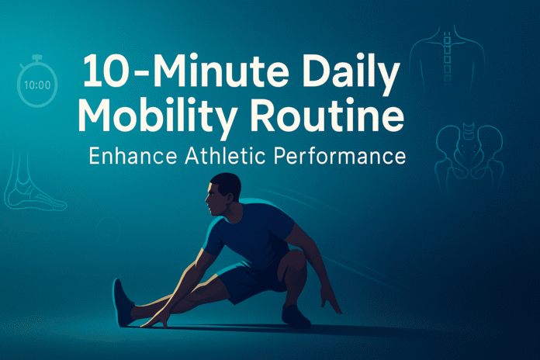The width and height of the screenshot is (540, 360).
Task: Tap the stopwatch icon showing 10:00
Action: [36, 81]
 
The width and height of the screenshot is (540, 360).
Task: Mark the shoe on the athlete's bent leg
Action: [296, 315]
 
